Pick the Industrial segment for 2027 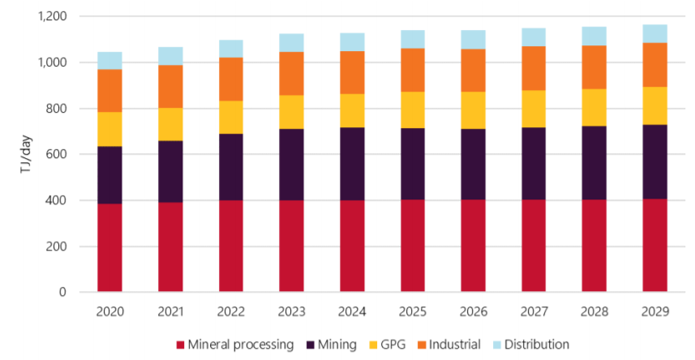click(x=534, y=68)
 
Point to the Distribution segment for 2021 click(x=170, y=56)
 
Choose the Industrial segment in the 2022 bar click(x=231, y=79)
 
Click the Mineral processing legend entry click(x=235, y=345)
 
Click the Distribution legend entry click(x=530, y=345)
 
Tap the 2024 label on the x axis click(x=352, y=311)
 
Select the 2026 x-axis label click(x=473, y=311)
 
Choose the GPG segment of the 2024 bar click(x=352, y=110)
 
